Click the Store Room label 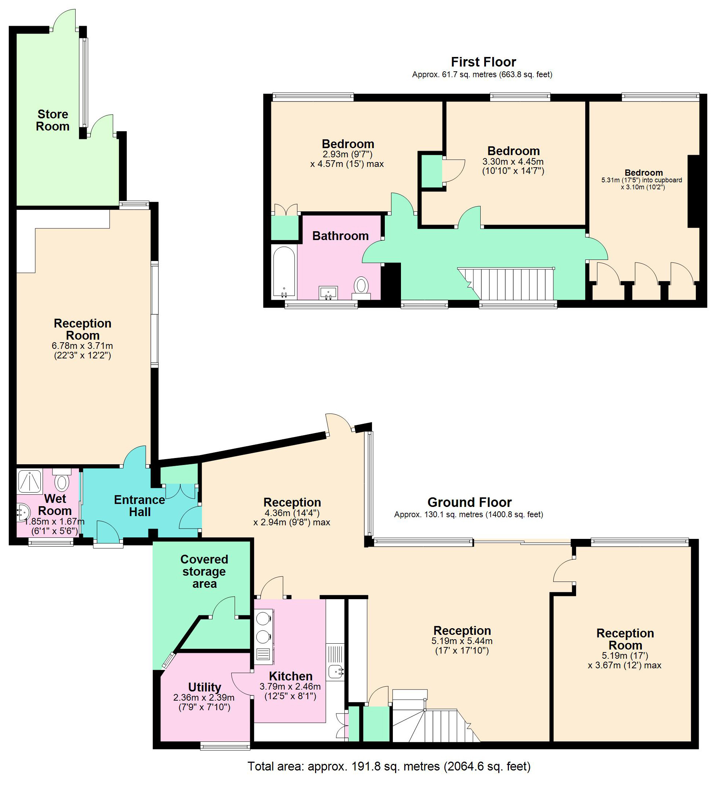point(53,120)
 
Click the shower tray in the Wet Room point(30,481)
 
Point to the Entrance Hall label point(139,506)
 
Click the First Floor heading point(483,62)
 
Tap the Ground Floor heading point(469,502)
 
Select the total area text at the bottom point(389,766)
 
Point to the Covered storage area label point(204,571)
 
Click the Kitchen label point(291,676)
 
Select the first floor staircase point(511,283)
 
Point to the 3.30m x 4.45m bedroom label point(513,161)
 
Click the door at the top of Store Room point(64,20)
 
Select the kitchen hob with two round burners point(264,626)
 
